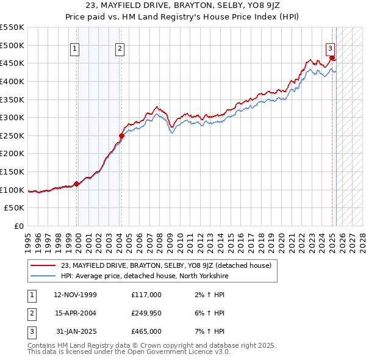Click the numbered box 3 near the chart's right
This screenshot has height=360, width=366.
[x=330, y=49]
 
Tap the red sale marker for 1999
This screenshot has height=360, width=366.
[x=77, y=183]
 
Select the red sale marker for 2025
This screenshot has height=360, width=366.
[x=332, y=57]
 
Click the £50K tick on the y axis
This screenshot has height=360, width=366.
[x=16, y=208]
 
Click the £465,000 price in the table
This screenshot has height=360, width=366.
[x=146, y=331]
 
